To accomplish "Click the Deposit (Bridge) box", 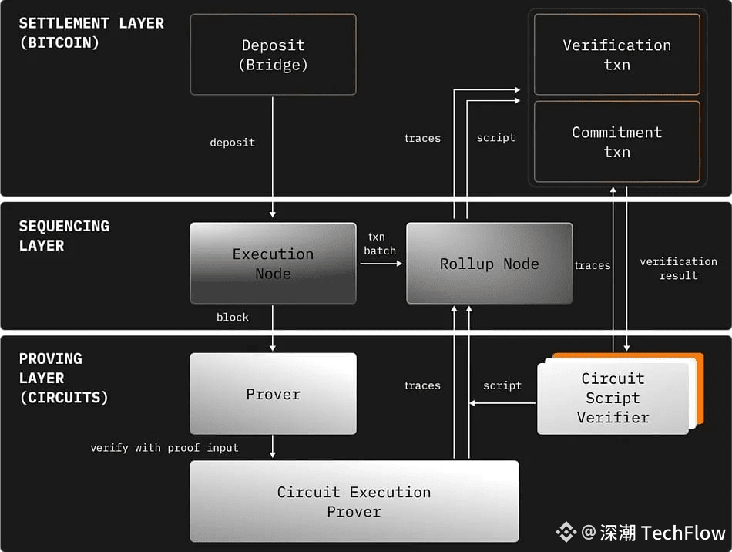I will coord(273,55).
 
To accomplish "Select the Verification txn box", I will coord(616,55).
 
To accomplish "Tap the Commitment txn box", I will coord(616,142).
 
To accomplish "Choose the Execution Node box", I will coord(273,264).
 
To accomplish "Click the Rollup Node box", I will coord(489,264).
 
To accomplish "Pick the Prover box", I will coord(273,394).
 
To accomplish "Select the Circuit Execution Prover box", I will coord(354,501).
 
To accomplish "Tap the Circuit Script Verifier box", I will coord(613,398).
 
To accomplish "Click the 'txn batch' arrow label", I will coord(380,244).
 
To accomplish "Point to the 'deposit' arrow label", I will coord(232,143).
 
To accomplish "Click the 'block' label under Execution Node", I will coord(232,317).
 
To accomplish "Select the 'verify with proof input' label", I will coord(164,447).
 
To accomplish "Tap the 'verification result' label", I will coord(678,268).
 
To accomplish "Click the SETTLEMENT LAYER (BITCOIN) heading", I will coord(91,32).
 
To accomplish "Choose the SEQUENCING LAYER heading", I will coord(64,236).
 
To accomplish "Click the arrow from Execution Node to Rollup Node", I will coord(381,264).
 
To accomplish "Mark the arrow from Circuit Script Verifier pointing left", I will coord(504,403).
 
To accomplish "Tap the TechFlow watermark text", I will coord(683,533).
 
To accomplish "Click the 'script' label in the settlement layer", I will coord(495,138).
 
